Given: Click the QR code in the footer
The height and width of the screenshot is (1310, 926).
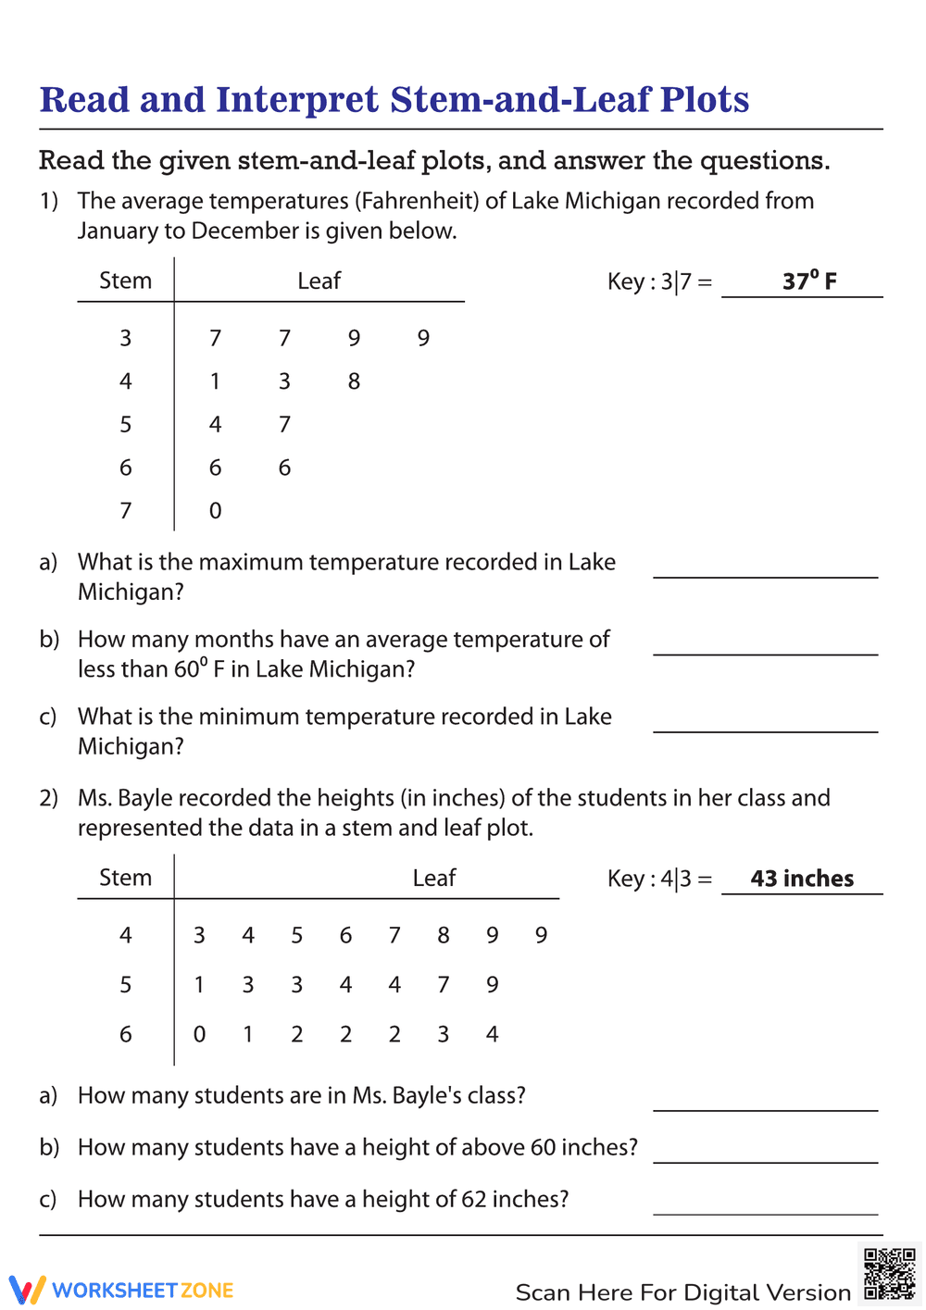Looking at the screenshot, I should pyautogui.click(x=889, y=1274).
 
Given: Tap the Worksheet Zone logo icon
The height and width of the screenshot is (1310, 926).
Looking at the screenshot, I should pyautogui.click(x=27, y=1290).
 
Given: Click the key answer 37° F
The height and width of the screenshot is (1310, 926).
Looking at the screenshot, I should pyautogui.click(x=809, y=281).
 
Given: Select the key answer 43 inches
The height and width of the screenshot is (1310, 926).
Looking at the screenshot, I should pyautogui.click(x=802, y=879).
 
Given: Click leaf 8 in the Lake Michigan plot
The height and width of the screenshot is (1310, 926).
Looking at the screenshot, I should pyautogui.click(x=354, y=381).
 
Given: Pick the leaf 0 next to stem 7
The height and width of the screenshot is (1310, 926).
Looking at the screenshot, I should pyautogui.click(x=215, y=511).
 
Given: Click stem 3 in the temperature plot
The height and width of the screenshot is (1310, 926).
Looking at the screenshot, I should pyautogui.click(x=125, y=339).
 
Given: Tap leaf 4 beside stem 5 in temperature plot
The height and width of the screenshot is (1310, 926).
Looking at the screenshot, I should pyautogui.click(x=215, y=425).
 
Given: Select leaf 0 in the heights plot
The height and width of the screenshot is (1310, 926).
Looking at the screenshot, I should pyautogui.click(x=199, y=1034).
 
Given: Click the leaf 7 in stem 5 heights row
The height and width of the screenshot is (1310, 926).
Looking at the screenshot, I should pyautogui.click(x=444, y=985).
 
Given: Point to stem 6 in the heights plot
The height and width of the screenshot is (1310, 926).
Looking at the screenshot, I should pyautogui.click(x=125, y=1034).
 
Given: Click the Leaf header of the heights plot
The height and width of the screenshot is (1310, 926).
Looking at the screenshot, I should pyautogui.click(x=433, y=878).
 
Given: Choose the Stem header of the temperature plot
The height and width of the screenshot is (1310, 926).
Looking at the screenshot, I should pyautogui.click(x=125, y=281).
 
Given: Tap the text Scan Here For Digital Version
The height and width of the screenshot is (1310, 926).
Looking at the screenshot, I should pyautogui.click(x=682, y=1292).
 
